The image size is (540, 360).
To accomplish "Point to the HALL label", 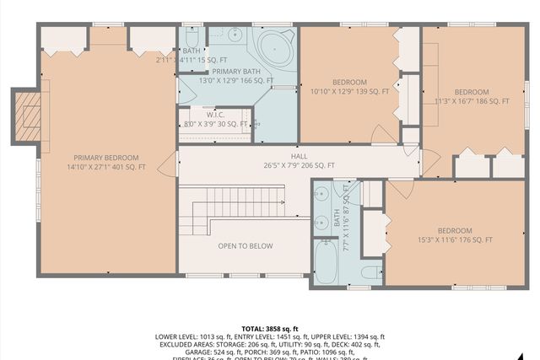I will click(300, 156).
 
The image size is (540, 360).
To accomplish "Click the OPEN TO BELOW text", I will click(246, 246).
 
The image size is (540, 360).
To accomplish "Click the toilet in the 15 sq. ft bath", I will click(192, 39).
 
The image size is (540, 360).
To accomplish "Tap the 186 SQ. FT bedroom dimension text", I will click(472, 102).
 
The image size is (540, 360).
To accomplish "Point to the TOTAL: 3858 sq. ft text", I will click(270, 328).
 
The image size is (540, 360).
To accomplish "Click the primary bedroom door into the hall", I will click(169, 164).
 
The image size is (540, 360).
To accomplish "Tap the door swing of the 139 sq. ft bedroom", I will click(384, 135).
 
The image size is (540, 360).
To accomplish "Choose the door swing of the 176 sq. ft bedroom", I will click(402, 190).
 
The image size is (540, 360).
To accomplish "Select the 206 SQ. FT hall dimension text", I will click(300, 166).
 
